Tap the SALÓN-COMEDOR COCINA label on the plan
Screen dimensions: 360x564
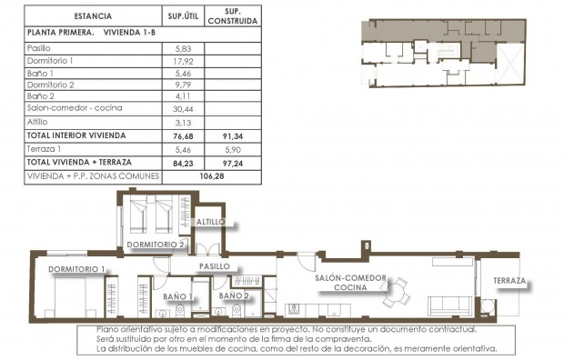[x=350, y=283]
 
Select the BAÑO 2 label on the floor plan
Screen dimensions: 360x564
[x=235, y=296]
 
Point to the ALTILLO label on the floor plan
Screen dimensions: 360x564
[x=216, y=221]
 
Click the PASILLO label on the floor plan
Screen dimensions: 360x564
[x=215, y=266]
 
